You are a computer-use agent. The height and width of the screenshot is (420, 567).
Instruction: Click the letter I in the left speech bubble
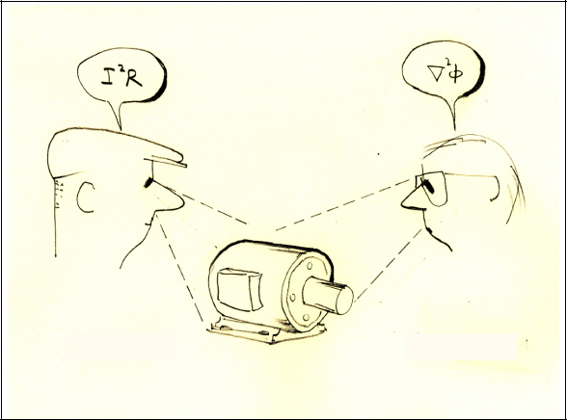[108, 77]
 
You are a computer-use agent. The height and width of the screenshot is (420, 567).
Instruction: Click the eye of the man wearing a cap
[148, 183]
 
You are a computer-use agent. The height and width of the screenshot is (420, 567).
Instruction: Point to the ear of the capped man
[85, 197]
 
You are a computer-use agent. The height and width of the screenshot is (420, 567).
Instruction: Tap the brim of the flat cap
[166, 163]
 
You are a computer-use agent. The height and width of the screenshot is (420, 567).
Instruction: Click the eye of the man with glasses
[429, 186]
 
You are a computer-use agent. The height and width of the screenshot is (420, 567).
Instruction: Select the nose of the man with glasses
[411, 200]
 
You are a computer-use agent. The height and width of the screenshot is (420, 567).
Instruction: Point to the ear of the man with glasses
[496, 189]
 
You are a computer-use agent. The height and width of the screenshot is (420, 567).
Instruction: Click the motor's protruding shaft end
[344, 300]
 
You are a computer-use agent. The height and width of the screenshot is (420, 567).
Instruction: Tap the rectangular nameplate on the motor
[240, 289]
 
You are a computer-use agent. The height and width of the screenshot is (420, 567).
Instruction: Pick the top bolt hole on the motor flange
[310, 266]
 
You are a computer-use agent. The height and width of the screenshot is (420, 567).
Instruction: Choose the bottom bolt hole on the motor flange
[306, 318]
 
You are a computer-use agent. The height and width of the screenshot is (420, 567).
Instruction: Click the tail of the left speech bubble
[117, 116]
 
